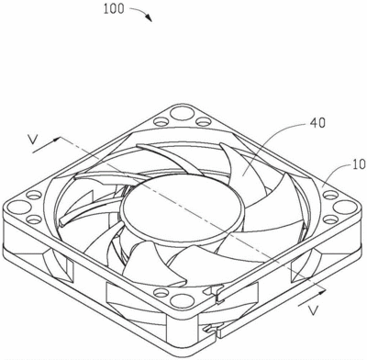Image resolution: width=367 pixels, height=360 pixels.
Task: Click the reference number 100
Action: point(114,8)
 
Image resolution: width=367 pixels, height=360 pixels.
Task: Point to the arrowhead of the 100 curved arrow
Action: point(149,18)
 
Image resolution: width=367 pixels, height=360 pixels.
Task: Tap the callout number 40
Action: point(317,123)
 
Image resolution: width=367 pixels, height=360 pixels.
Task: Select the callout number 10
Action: point(359,164)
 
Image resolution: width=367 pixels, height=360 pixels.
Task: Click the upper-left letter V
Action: point(33,140)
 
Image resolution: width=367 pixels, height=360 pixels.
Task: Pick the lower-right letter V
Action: point(313,310)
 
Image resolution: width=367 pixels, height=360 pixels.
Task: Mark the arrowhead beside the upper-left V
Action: point(56,141)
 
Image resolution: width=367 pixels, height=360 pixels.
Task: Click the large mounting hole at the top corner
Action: point(181,112)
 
